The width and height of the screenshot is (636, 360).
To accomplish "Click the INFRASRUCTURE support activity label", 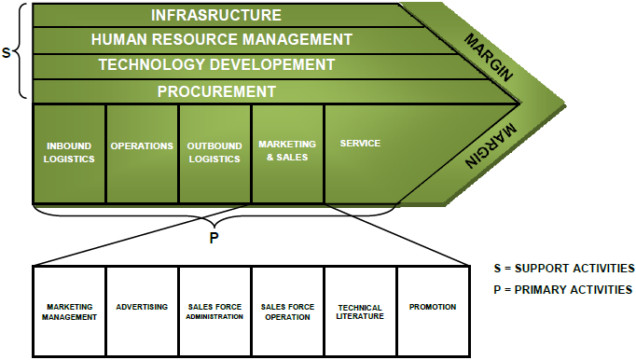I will (x=216, y=15).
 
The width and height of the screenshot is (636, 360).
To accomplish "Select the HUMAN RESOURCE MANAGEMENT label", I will (x=222, y=40).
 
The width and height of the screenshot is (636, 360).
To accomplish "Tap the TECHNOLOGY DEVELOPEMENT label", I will (x=216, y=65).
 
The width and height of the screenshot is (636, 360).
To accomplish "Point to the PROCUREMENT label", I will (x=216, y=91).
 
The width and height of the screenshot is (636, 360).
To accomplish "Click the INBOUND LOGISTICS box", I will (x=70, y=152).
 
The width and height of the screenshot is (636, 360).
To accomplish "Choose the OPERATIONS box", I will (x=142, y=146).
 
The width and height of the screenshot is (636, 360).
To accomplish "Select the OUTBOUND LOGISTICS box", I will (x=214, y=152).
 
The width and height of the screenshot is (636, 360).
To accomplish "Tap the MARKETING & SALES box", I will (x=287, y=150).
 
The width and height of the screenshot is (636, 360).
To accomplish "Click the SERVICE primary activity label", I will (x=360, y=145).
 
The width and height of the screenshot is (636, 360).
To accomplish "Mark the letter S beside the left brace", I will (x=7, y=52).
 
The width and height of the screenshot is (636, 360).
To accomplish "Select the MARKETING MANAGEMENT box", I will (x=70, y=312).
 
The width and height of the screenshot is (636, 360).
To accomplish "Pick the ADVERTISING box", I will (x=142, y=307).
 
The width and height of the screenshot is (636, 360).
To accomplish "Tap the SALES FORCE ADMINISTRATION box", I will (x=214, y=312).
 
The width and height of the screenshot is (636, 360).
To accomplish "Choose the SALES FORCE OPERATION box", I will (x=287, y=312).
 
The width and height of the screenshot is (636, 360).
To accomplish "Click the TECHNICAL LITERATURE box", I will (x=360, y=312).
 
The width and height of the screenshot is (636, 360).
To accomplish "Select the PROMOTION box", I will (x=433, y=307).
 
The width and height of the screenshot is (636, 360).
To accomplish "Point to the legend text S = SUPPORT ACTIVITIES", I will (x=562, y=269).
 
